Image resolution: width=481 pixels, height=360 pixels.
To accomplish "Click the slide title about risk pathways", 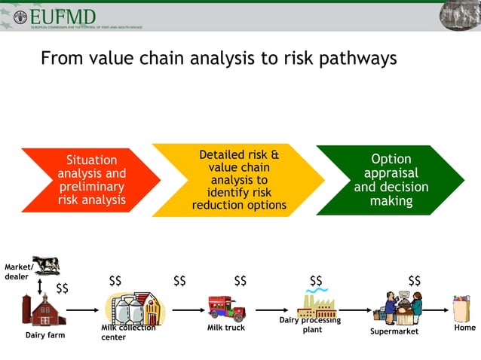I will (219, 59).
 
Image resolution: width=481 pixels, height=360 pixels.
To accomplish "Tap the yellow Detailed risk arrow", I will (238, 180).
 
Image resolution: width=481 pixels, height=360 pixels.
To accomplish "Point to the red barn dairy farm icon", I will (44, 310).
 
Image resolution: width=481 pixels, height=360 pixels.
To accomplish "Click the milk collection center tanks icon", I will (135, 308).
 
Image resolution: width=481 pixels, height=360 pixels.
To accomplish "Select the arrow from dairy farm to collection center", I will (84, 310).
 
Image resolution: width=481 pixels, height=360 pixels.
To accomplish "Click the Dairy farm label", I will (45, 335).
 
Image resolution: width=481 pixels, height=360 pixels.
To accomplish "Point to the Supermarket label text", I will (394, 331).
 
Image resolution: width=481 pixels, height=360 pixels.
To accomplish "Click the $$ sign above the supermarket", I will (414, 281).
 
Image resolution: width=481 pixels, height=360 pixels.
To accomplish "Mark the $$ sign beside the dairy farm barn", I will (63, 288).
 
